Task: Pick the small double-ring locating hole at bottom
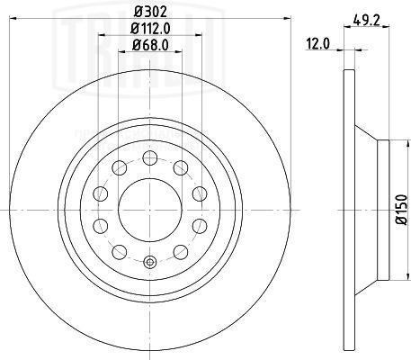[x=148, y=263]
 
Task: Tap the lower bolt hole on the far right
[x=195, y=225]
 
